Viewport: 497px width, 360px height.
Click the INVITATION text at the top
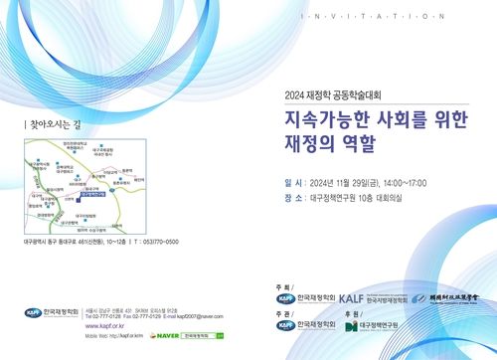point(373,17)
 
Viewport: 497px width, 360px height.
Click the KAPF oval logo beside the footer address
point(35,312)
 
